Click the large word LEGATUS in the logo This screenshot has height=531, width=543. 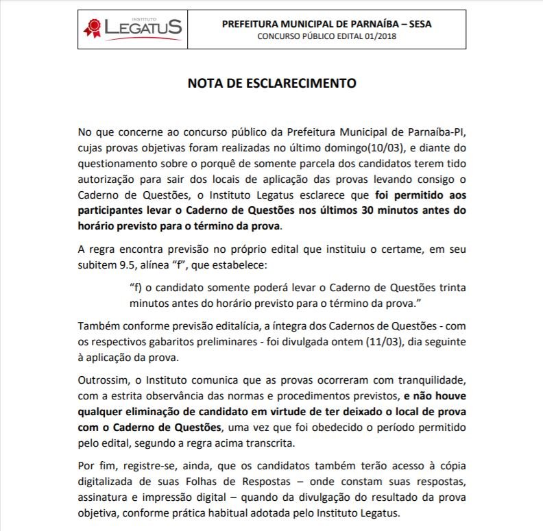(143, 28)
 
